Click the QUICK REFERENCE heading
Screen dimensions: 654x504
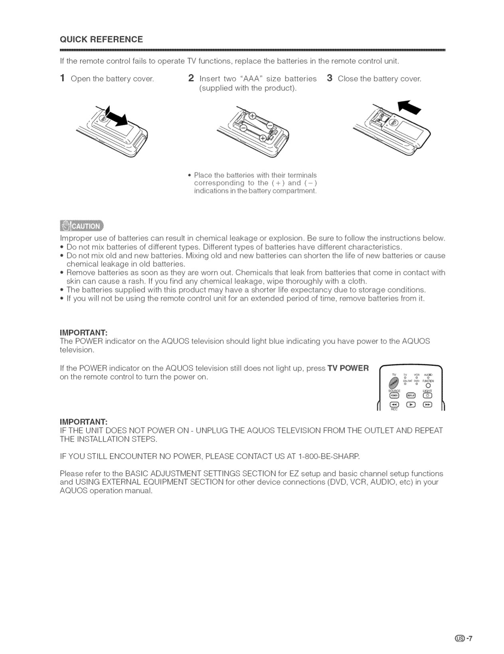click(x=101, y=39)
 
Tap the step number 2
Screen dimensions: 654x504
click(x=191, y=78)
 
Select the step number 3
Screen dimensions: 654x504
click(x=330, y=78)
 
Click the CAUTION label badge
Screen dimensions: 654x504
click(x=81, y=226)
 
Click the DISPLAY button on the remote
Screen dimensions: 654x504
click(x=411, y=395)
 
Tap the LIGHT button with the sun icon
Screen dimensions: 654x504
click(x=427, y=395)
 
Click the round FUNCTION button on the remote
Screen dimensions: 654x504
click(x=429, y=386)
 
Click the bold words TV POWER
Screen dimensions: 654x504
click(x=348, y=368)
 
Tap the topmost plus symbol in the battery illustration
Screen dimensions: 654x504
click(x=253, y=116)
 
